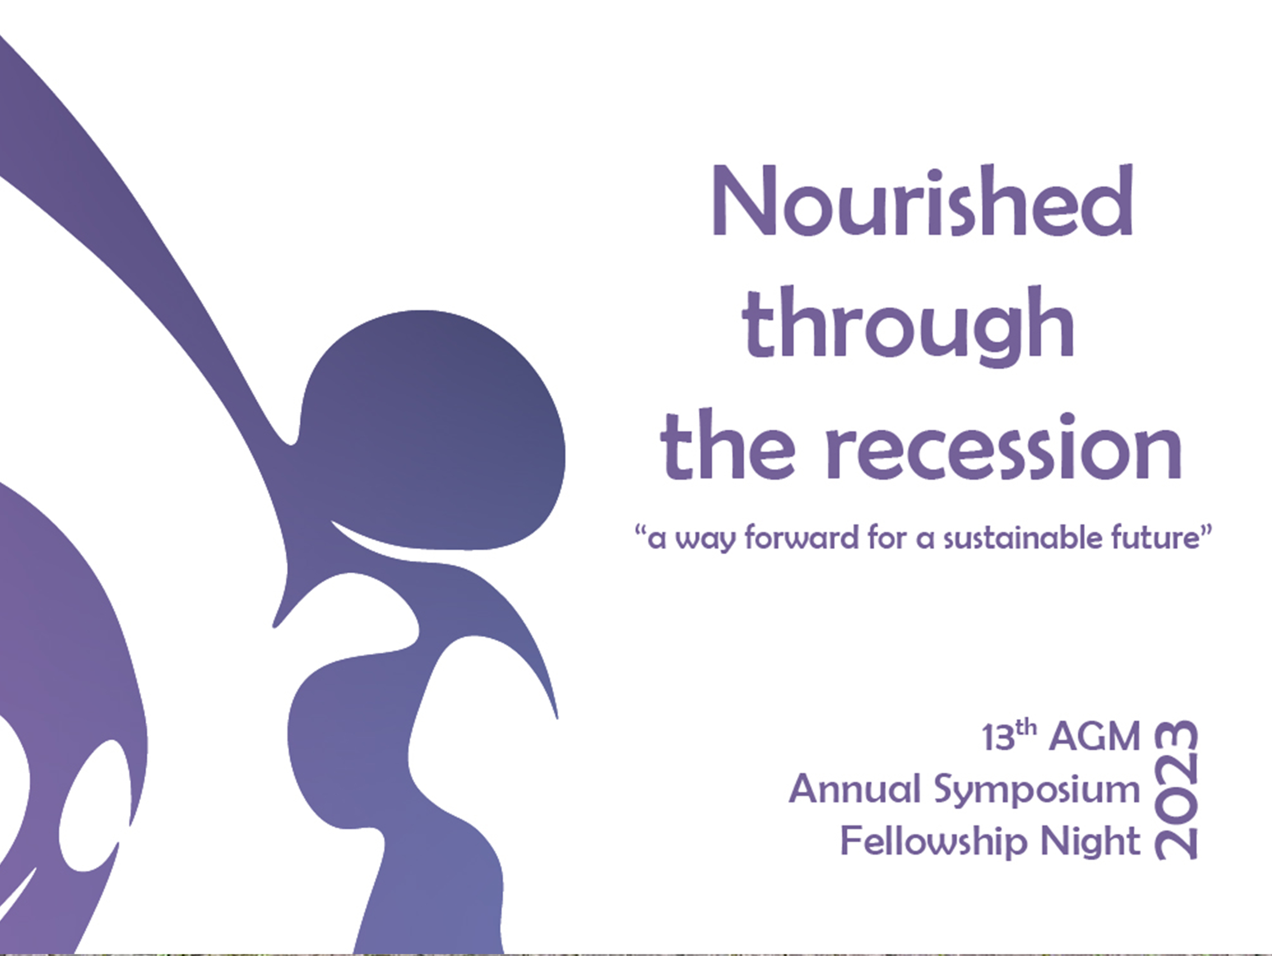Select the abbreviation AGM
[x=1094, y=736]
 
